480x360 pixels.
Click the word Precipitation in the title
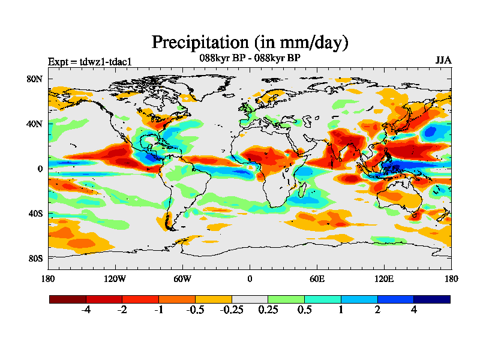[x=199, y=43]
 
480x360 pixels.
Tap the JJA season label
[x=443, y=61]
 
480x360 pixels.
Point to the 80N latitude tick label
[x=34, y=79]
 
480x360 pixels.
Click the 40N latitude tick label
[x=34, y=124]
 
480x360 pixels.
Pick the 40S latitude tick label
[x=34, y=214]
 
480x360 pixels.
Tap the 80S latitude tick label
[x=34, y=258]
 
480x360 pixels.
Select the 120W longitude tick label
[x=115, y=278]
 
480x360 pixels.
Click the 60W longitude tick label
[x=182, y=278]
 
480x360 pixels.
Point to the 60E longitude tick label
[x=317, y=278]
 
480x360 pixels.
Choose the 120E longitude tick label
[x=384, y=278]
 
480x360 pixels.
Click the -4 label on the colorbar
[x=86, y=311]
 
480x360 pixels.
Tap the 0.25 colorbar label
[x=268, y=311]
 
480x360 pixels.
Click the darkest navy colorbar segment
[x=431, y=299]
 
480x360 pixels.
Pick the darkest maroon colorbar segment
[x=68, y=299]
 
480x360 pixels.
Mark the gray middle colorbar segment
[x=250, y=299]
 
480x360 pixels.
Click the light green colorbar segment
[x=286, y=299]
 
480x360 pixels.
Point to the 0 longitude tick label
[x=250, y=278]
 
